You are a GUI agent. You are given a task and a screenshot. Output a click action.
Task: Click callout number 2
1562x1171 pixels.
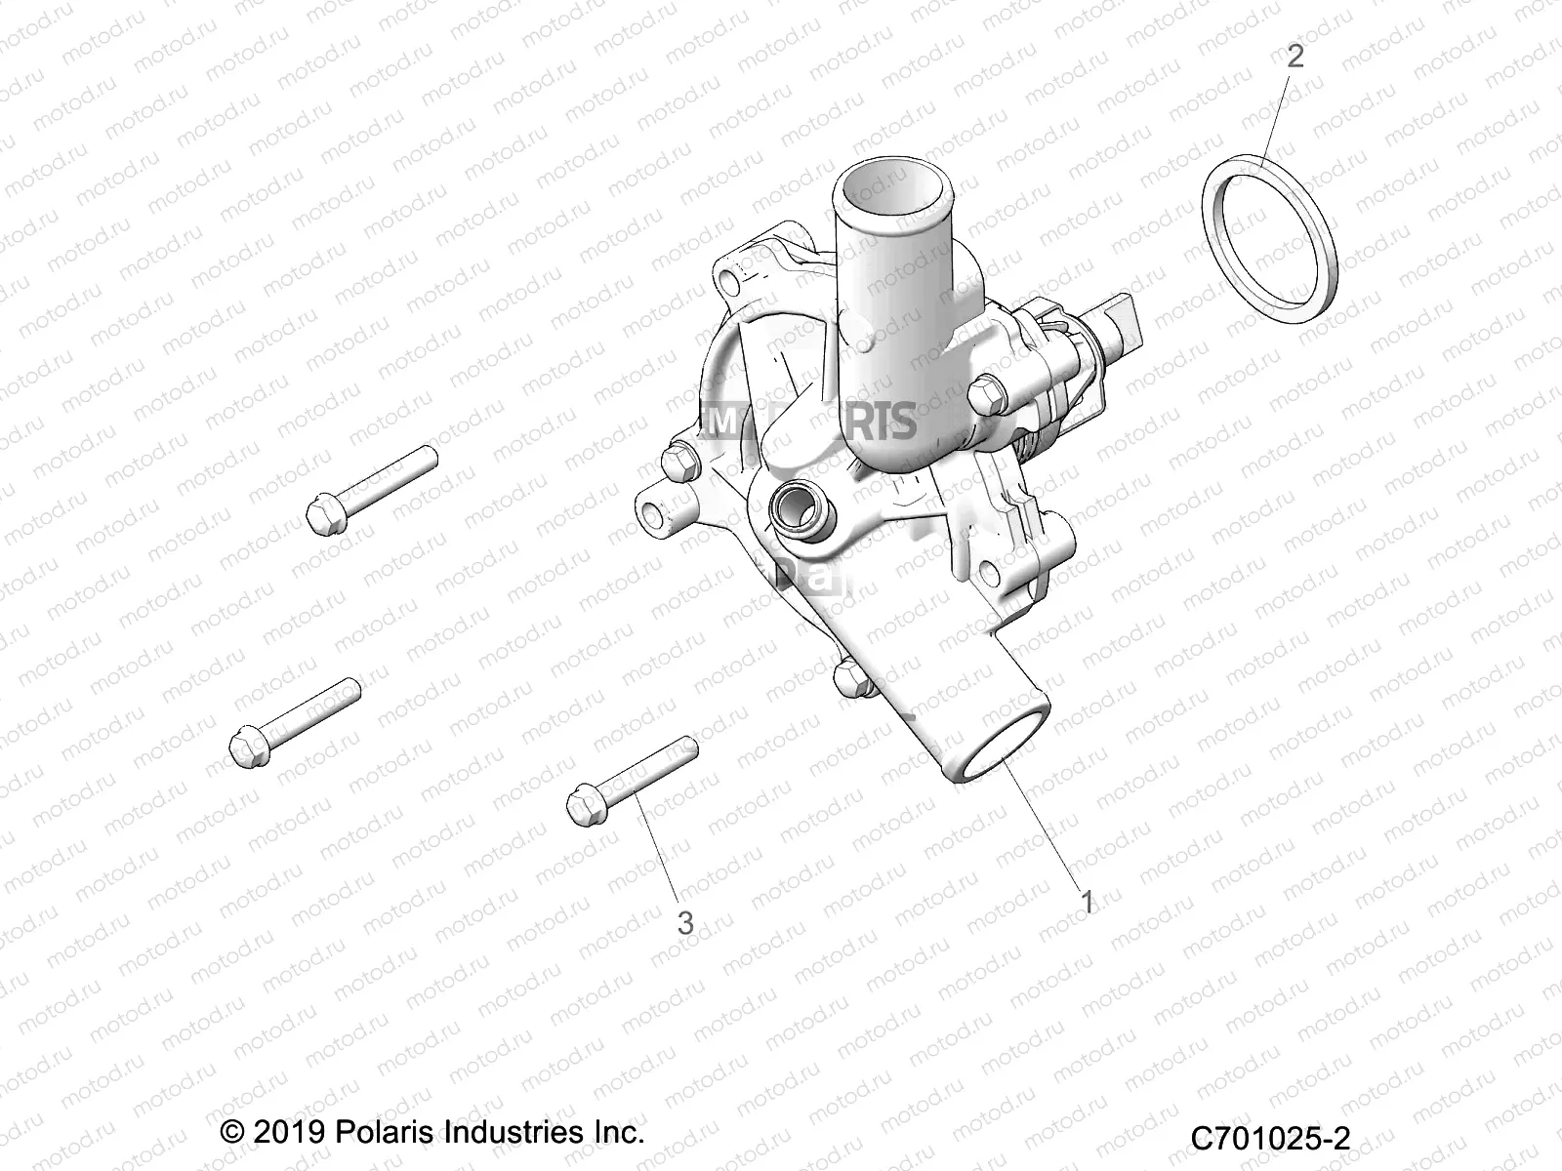[x=1295, y=56]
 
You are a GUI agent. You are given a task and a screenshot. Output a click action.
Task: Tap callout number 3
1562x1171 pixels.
[x=685, y=922]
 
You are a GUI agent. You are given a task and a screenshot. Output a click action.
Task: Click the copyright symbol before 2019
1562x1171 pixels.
[x=233, y=1133]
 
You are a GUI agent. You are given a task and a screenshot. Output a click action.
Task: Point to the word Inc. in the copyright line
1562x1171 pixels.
[x=618, y=1132]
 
